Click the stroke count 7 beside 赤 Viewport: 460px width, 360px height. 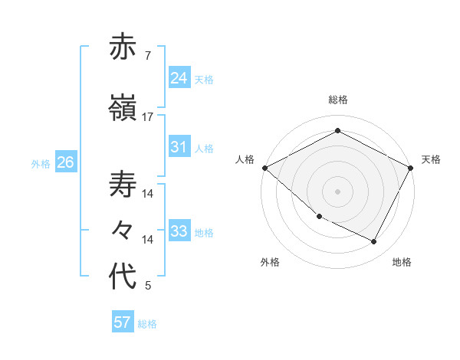pos(147,56)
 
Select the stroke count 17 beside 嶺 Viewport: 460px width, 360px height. pos(148,116)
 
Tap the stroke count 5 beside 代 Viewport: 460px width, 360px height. pos(148,286)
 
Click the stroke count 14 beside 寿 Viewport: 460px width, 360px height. pos(148,194)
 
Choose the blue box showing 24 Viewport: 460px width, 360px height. pos(179,77)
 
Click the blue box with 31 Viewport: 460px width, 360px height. pos(179,147)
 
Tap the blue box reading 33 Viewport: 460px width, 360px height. pos(179,231)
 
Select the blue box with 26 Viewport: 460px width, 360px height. pos(65,162)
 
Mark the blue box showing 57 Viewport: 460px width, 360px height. pos(122,322)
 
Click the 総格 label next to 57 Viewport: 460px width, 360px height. pos(147,324)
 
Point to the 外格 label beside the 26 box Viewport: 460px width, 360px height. pos(41,164)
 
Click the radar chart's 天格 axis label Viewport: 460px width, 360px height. pos(431,159)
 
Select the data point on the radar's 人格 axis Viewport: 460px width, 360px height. pos(264,168)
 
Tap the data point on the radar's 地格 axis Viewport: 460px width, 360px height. pos(374,242)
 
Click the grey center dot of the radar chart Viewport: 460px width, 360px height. pos(337,191)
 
